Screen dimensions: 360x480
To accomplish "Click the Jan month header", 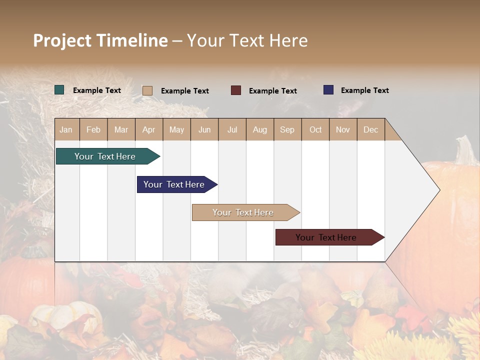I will coord(66,129).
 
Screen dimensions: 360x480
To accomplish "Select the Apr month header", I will coord(149,129).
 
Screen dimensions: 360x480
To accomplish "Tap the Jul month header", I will coord(232,129).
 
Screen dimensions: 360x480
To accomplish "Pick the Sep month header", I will coord(287,129).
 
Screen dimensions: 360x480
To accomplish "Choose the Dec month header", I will coord(370,129).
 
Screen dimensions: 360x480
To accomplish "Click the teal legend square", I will coord(59,90).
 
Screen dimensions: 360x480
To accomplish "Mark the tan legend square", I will coord(147,90).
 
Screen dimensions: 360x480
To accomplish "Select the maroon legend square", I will coord(236,90).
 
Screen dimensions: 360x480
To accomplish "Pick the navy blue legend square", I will coord(328,90).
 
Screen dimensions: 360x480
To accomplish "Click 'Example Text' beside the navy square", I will coord(364,90).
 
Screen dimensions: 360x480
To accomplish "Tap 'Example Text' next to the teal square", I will coord(97,90).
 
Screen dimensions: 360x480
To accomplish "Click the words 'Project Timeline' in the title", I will coord(100,40).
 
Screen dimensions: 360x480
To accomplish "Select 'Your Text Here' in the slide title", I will coord(247,40).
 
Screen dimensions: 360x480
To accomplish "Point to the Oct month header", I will coord(315,129).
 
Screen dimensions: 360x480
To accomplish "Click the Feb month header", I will coord(93,129).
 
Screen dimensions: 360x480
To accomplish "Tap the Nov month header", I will coord(343,129).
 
